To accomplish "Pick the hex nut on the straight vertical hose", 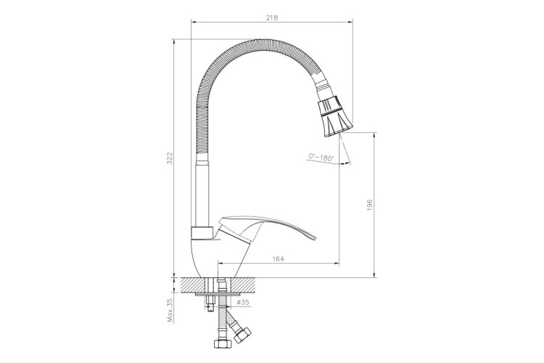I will tap(217, 341).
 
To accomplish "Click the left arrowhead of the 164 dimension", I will tap(220, 265).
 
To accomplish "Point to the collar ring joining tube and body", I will tap(202, 232).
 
